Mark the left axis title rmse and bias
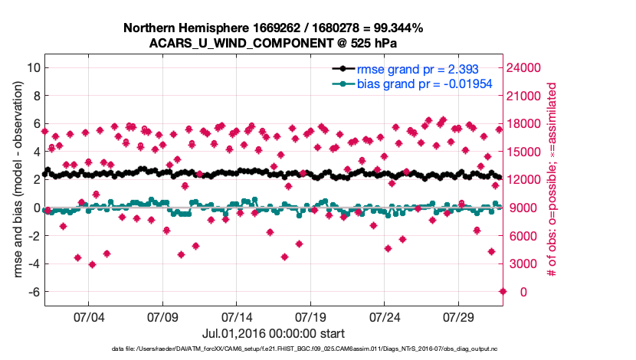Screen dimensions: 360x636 tap(17, 180)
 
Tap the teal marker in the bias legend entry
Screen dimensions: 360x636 tap(342, 83)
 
